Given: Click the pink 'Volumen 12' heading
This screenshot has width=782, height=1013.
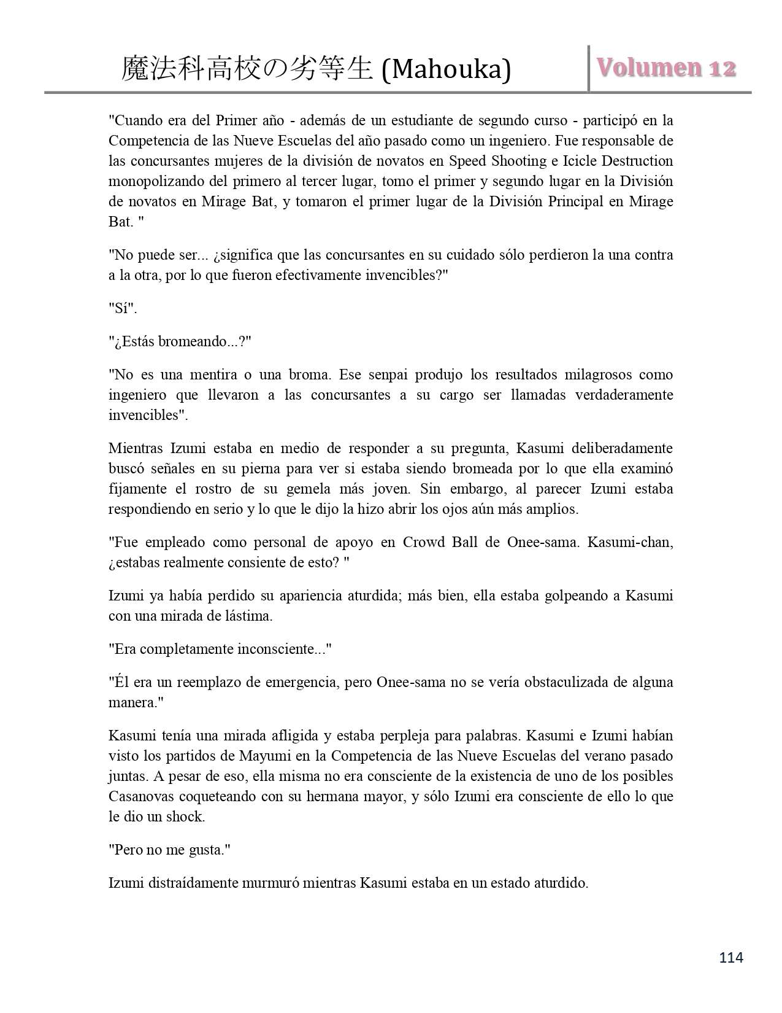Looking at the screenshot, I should coord(666,68).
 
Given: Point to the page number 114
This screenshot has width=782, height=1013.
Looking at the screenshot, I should coord(731,957).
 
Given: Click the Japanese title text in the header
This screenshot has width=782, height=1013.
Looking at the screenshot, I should coord(248,69).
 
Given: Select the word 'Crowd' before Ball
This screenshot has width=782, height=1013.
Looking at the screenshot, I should coord(423,543).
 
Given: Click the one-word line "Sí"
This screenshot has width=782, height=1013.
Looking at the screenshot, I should coord(123,308).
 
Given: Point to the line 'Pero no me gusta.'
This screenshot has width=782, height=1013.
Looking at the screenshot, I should coord(169,850).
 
